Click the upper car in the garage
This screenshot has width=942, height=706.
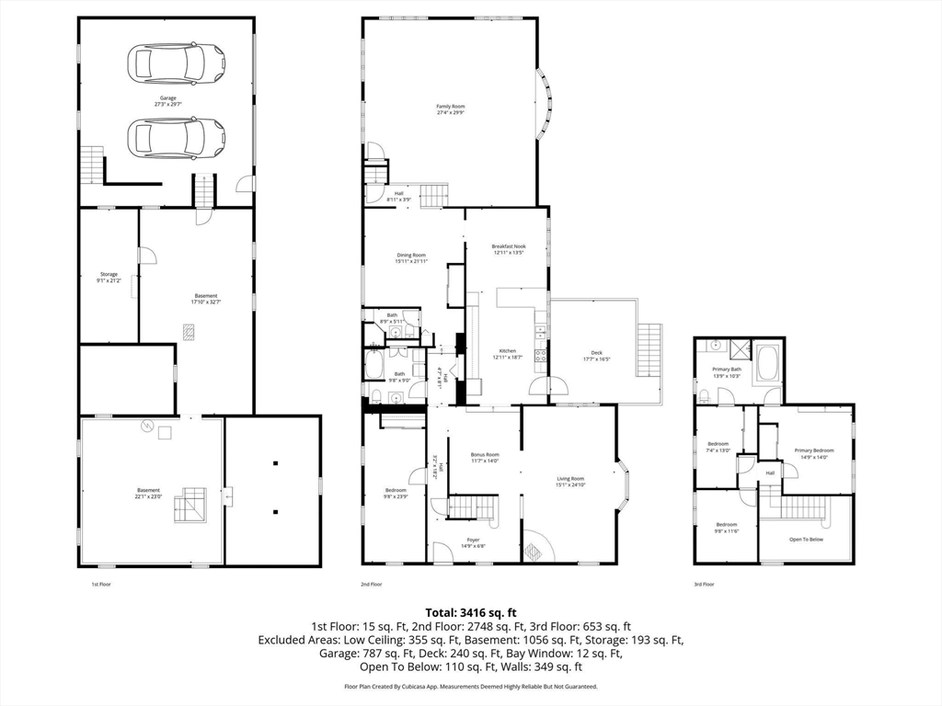(176, 63)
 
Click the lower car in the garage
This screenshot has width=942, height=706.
(176, 138)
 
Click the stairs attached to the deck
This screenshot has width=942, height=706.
(649, 348)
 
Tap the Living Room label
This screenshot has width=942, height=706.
(570, 481)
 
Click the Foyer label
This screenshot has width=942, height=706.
(473, 541)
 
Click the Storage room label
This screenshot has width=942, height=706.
(109, 276)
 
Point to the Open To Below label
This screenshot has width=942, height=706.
(806, 539)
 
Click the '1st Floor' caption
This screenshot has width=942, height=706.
(100, 584)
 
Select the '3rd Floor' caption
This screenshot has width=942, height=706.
(704, 584)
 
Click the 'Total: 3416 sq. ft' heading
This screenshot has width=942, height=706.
(470, 611)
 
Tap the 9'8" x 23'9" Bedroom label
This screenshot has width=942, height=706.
(396, 493)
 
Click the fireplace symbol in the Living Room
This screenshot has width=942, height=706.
(534, 551)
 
